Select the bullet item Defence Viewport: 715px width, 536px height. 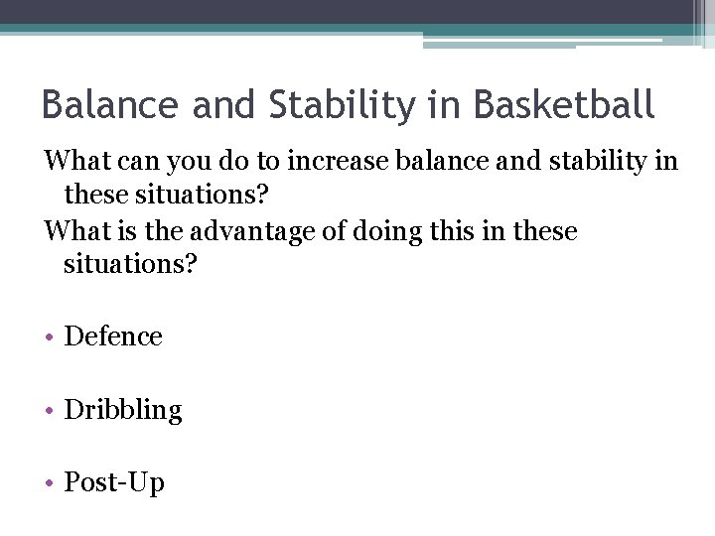tap(113, 336)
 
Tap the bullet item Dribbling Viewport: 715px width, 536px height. tap(123, 410)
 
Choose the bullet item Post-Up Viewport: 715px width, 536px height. tap(114, 483)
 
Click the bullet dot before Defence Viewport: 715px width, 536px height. tap(50, 337)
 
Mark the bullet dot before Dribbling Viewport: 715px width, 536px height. tap(50, 411)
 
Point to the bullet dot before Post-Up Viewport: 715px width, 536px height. tap(50, 484)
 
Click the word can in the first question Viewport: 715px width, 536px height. tap(143, 160)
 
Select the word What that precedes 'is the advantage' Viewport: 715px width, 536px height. tap(77, 231)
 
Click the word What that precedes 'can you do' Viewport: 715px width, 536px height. tap(77, 160)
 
